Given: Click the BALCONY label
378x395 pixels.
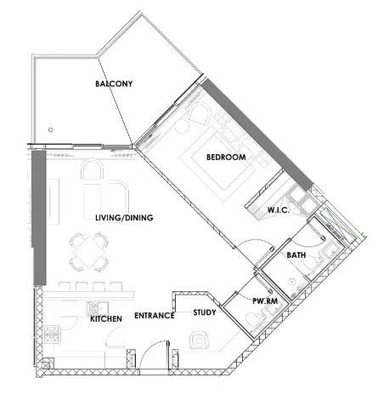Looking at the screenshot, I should (x=115, y=83).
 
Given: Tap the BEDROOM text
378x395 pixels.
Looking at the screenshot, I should (x=226, y=157).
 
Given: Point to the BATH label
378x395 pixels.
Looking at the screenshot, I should (x=296, y=255).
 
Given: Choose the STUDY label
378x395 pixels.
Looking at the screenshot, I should (x=204, y=312).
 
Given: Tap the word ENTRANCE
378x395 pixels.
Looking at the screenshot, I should (x=154, y=316).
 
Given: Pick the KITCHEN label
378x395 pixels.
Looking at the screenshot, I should (x=107, y=318).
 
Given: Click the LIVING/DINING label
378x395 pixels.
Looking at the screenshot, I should (x=124, y=218).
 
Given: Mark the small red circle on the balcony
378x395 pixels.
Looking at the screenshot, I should (x=51, y=130).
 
